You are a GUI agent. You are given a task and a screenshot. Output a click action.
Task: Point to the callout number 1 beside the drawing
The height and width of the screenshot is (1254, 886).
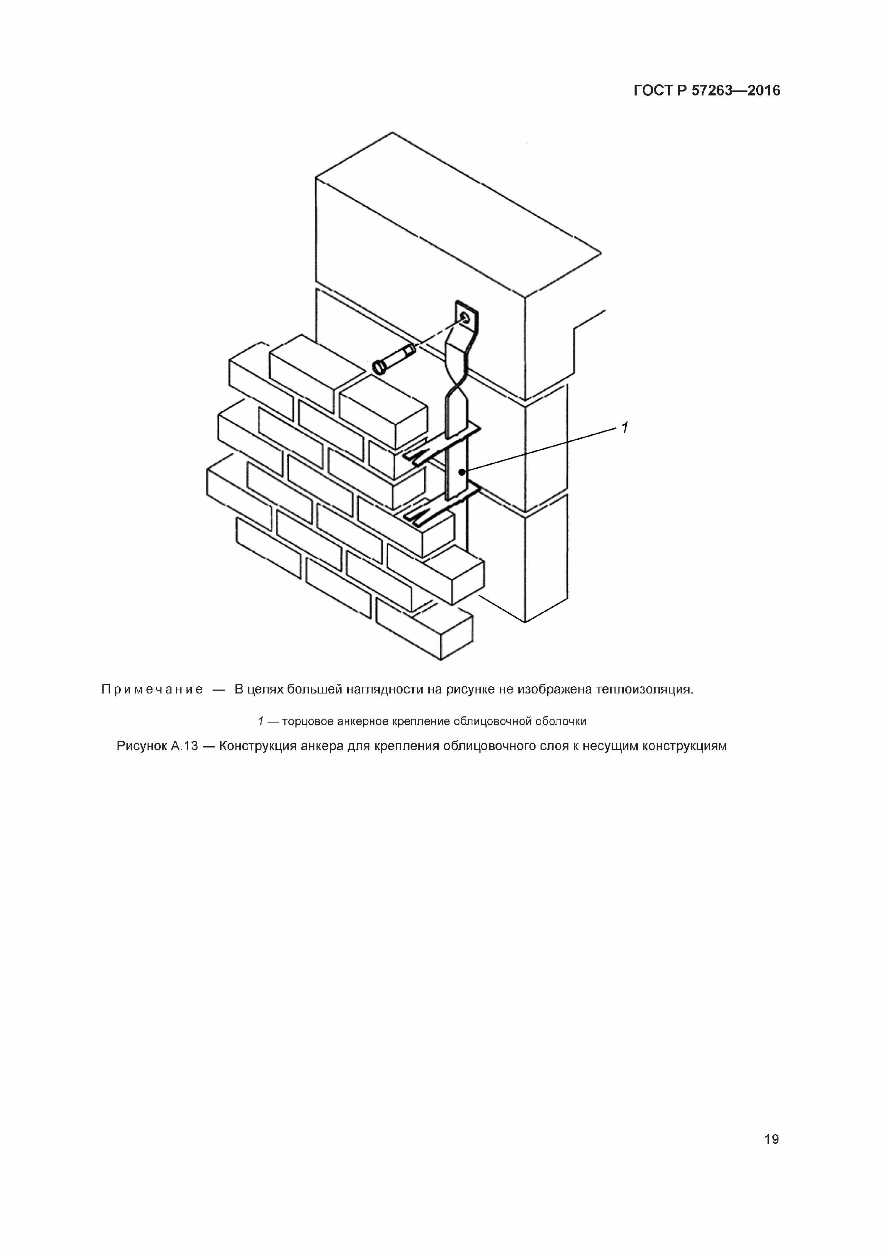(x=625, y=428)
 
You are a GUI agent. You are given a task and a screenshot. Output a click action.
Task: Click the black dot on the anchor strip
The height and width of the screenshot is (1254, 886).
(x=462, y=472)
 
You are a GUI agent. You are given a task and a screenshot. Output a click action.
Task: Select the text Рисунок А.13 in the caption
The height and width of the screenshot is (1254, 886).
(x=157, y=746)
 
